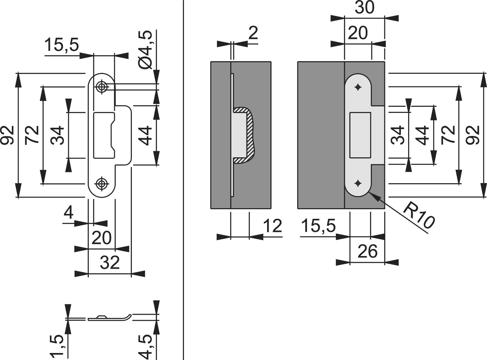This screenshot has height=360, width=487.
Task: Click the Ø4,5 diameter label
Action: click(x=145, y=50)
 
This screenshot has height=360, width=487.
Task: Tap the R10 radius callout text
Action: click(x=418, y=216)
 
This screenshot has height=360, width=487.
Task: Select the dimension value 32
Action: click(x=110, y=263)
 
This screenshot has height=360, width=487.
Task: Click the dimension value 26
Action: click(x=368, y=251)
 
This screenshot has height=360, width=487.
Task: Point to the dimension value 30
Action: click(x=365, y=7)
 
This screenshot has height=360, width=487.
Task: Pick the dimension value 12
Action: click(x=272, y=226)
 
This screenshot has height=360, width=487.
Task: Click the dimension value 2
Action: click(x=253, y=33)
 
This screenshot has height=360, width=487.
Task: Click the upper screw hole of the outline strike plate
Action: click(x=101, y=87)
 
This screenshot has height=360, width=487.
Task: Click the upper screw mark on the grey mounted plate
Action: click(x=358, y=87)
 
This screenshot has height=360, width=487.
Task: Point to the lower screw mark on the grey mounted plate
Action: click(x=358, y=183)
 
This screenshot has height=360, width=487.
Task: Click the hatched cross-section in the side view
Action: click(x=250, y=135)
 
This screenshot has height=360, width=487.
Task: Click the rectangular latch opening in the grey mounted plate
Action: click(x=360, y=135)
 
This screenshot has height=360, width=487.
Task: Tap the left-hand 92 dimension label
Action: click(x=7, y=135)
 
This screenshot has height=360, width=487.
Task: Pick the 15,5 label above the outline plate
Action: click(x=62, y=45)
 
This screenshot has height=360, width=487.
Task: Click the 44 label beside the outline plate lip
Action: click(x=145, y=136)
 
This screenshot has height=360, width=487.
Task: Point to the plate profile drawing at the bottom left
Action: click(x=110, y=318)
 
